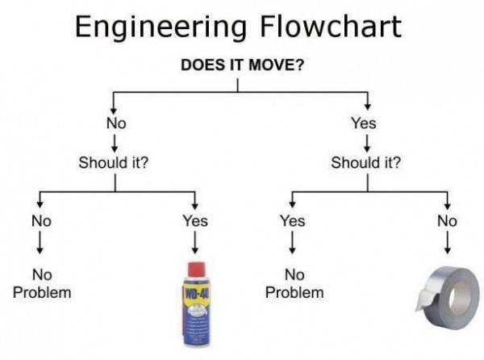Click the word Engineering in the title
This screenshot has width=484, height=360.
(x=158, y=27)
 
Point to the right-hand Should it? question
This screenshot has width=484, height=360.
(x=366, y=161)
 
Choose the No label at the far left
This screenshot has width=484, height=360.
(x=41, y=220)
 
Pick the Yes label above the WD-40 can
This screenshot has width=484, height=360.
(x=195, y=220)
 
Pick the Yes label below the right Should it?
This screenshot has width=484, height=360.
(x=292, y=220)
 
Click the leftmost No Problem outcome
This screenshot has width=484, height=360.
(x=41, y=283)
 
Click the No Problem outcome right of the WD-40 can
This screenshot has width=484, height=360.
(x=294, y=283)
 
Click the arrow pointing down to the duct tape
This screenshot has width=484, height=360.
(x=447, y=244)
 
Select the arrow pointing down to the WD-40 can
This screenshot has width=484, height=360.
(x=195, y=244)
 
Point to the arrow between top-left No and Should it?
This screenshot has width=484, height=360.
(x=115, y=142)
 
